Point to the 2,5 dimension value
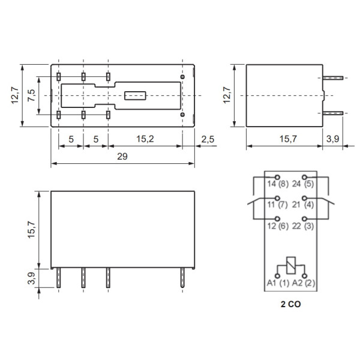pyautogui.click(x=207, y=139)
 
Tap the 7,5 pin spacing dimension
pyautogui.click(x=32, y=95)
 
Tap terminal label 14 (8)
pyautogui.click(x=277, y=185)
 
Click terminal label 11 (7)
pyautogui.click(x=277, y=205)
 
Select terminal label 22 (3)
pyautogui.click(x=305, y=226)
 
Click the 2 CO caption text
pyautogui.click(x=291, y=304)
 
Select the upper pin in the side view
pyautogui.click(x=333, y=78)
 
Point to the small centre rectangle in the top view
pyautogui.click(x=135, y=95)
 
